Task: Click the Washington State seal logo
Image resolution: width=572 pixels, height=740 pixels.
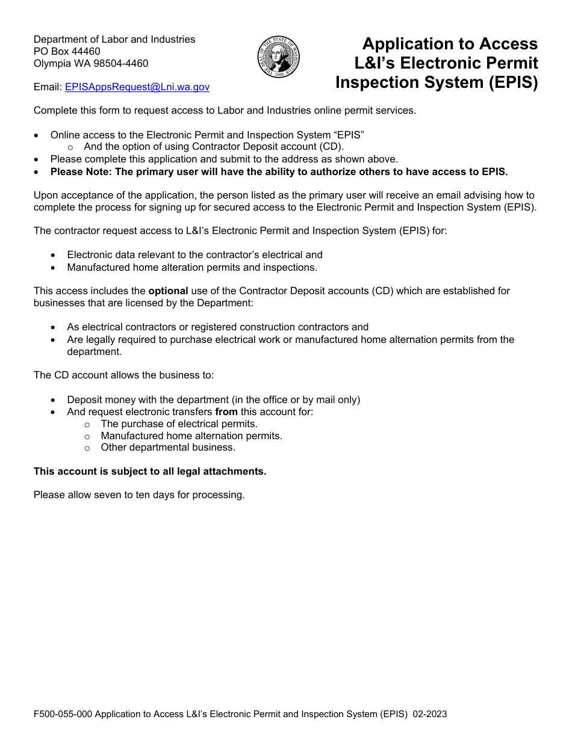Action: point(278,57)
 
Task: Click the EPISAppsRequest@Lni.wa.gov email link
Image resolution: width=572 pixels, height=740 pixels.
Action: point(137,87)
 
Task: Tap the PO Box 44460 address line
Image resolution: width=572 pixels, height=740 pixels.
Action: point(67,51)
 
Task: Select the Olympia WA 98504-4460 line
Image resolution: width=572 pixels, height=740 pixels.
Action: point(91,63)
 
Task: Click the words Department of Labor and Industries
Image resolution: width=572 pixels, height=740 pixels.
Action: point(114,39)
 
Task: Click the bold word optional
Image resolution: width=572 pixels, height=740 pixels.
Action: point(168,291)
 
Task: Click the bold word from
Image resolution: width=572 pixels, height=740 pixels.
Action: point(226,412)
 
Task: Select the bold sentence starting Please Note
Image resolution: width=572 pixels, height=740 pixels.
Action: point(279,171)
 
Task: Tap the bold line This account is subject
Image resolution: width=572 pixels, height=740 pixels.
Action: point(150,472)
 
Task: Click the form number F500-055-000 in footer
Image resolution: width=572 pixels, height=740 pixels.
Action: point(63,715)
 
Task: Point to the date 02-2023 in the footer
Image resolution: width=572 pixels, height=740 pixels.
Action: point(430,715)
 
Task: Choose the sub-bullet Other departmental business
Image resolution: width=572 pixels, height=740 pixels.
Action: point(168,448)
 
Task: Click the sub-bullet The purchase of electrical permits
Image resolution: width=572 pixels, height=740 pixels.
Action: point(179,424)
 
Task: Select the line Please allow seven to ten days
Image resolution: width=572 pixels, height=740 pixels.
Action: point(139,495)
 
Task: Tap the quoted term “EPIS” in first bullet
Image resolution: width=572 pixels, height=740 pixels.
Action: point(349,135)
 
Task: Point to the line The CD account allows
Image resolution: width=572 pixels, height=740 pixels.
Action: point(123,375)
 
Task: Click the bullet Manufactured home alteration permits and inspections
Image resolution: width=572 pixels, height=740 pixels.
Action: point(191,267)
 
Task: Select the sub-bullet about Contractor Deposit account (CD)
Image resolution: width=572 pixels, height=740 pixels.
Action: point(214,147)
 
